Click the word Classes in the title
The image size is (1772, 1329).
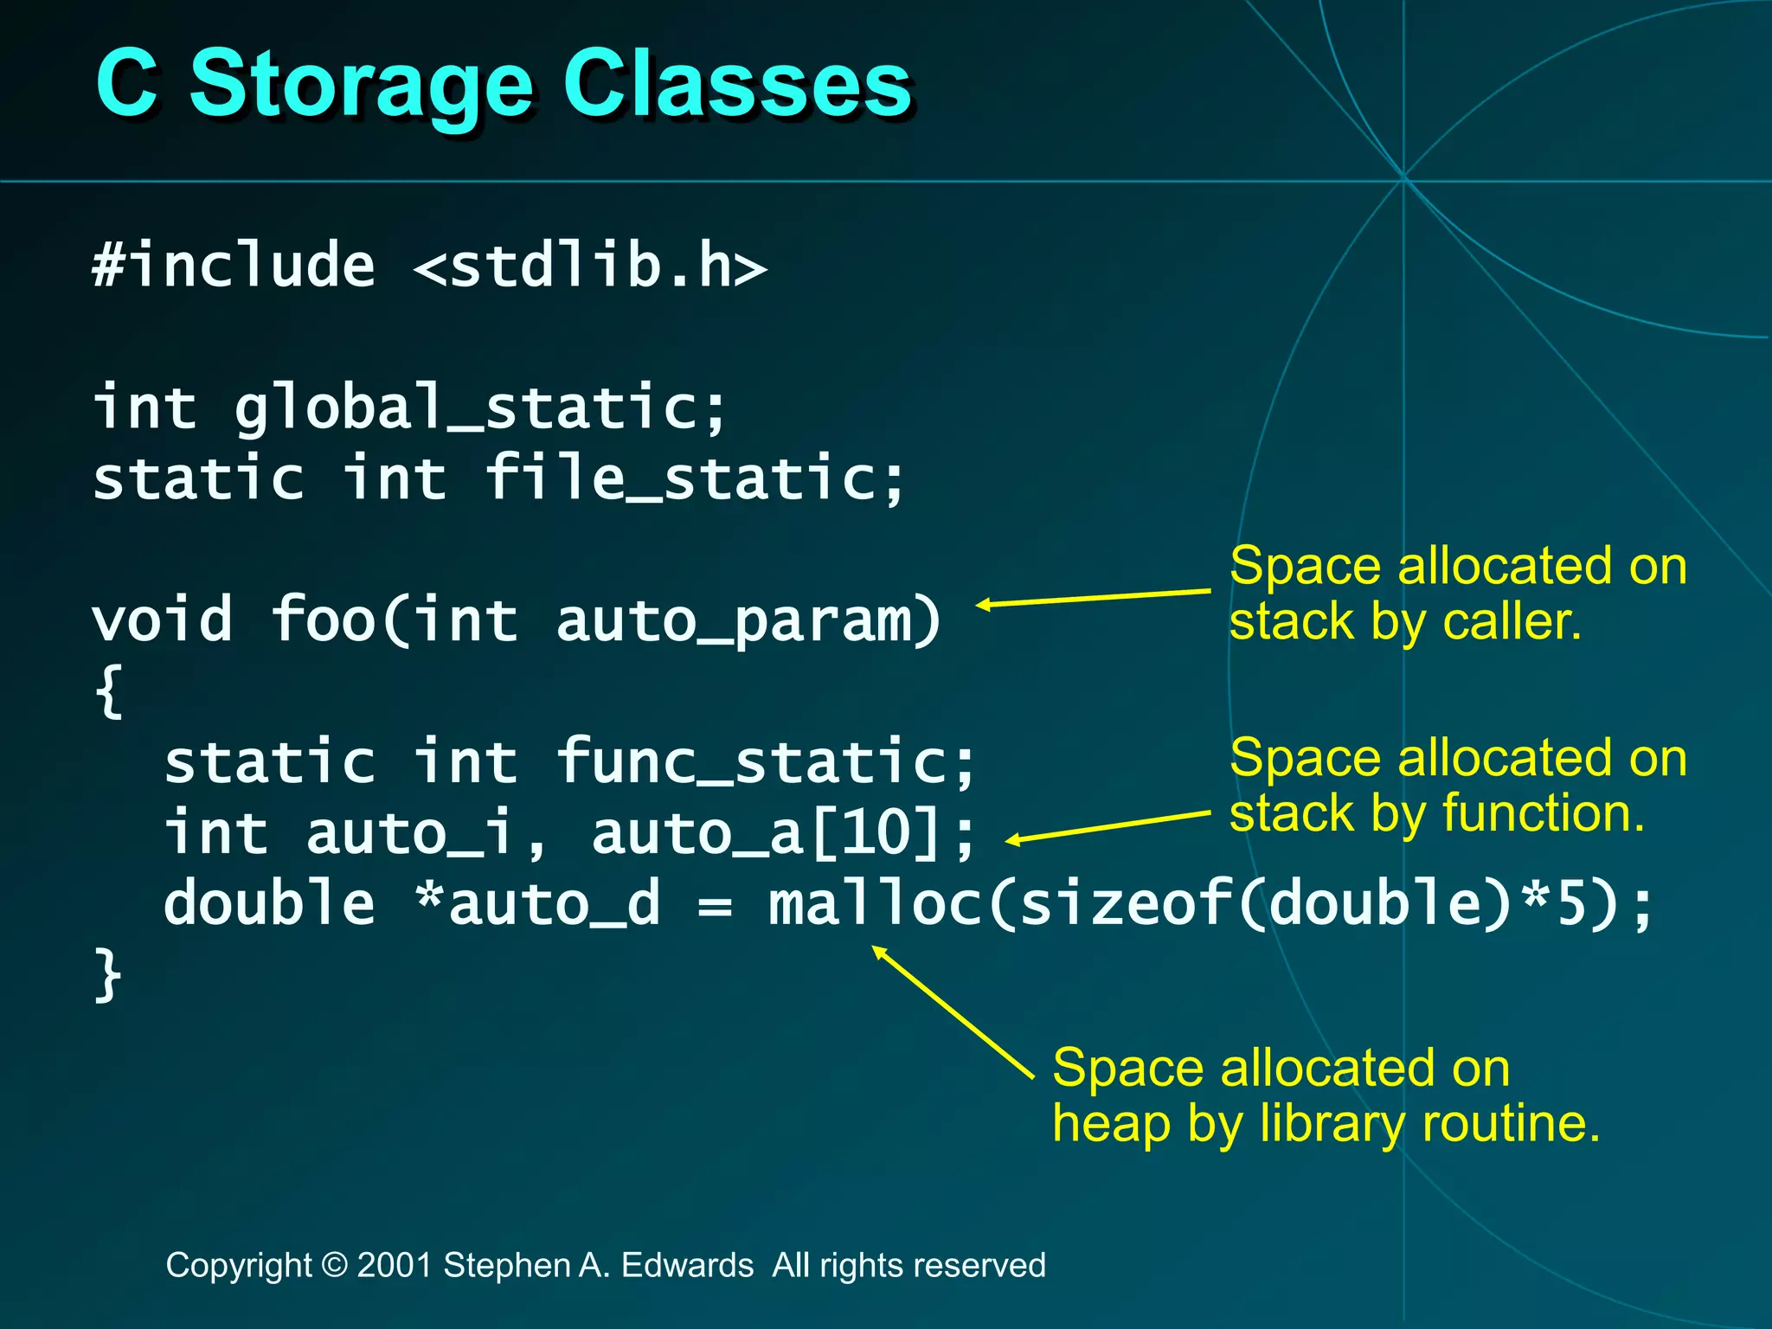(737, 84)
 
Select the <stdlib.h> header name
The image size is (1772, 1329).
(591, 266)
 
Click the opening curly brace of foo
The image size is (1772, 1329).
(109, 690)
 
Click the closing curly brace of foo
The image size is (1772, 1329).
(108, 975)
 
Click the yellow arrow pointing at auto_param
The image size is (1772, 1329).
(1094, 598)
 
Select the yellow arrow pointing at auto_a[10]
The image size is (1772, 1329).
(1108, 826)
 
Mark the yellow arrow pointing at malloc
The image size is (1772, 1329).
(953, 1012)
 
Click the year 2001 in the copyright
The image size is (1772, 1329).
(395, 1266)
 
